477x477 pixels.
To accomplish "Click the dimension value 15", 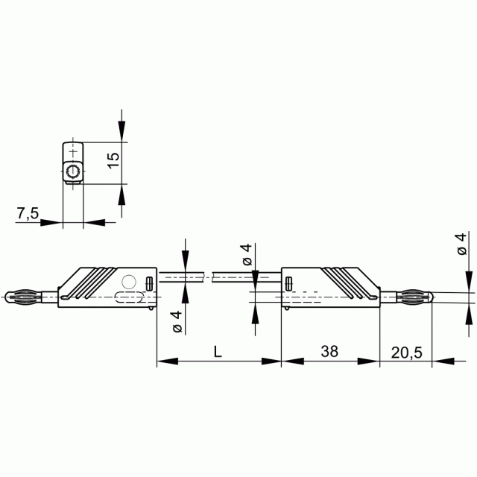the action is (113, 160).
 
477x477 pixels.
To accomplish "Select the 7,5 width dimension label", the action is (28, 213).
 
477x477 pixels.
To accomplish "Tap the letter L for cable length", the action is (218, 351).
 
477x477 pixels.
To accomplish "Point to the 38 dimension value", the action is (329, 351).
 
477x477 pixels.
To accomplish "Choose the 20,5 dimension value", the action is (407, 353).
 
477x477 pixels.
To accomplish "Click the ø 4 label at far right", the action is (462, 244).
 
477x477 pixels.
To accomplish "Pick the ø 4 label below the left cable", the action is (177, 321).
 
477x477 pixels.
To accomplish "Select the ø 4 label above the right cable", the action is (247, 255).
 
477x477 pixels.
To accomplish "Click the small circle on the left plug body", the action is (129, 282).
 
